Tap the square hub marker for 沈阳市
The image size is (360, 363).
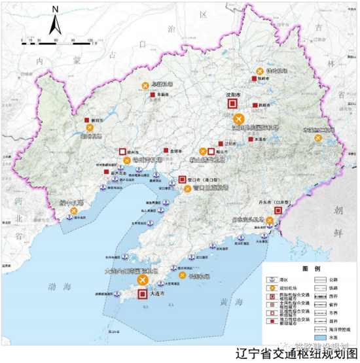tap(230, 104)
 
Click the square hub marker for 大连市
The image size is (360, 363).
tap(143, 294)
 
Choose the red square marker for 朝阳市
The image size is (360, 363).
tap(87, 120)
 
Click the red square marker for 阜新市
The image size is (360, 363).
tap(151, 95)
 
